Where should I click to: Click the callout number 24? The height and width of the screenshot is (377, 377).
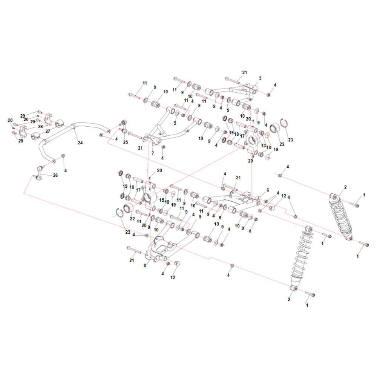(x=80, y=143)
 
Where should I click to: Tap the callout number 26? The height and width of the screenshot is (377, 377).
(x=55, y=175)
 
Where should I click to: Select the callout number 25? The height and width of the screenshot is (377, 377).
(x=126, y=143)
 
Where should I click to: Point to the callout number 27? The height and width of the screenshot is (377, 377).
(x=48, y=131)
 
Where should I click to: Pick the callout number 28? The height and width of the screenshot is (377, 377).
(x=40, y=126)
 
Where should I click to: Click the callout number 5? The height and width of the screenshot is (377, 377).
(x=260, y=78)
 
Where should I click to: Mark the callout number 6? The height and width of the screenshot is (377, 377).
(x=268, y=190)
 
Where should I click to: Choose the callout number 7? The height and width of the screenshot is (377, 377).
(x=153, y=153)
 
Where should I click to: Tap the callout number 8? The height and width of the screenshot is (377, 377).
(x=145, y=266)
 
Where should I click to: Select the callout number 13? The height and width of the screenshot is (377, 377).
(x=263, y=146)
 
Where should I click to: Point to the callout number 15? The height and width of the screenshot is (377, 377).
(x=162, y=200)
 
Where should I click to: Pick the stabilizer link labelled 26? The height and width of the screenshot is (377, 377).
(x=39, y=173)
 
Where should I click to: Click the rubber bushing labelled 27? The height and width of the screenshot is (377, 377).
(x=35, y=136)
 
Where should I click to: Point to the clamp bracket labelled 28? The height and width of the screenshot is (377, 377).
(x=23, y=132)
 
